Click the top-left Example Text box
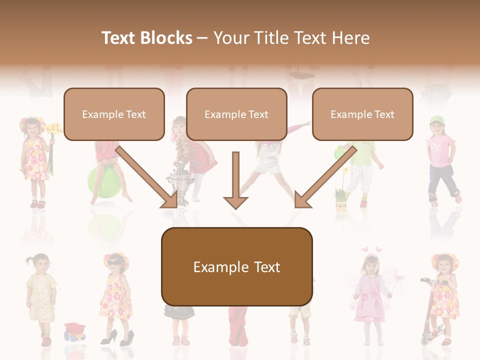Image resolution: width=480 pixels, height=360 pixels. pos(114,114)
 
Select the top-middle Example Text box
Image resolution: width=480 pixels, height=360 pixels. pos(236,114)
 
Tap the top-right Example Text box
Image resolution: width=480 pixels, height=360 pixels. pos(362,114)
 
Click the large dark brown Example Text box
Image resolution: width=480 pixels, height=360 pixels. pos(236,267)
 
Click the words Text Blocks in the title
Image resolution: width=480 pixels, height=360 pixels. pos(146,38)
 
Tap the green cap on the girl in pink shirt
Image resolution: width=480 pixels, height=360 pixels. pos(436,120)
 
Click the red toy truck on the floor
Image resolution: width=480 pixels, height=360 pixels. pos(74,331)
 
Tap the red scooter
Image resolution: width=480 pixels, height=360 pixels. pos(428,315)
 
